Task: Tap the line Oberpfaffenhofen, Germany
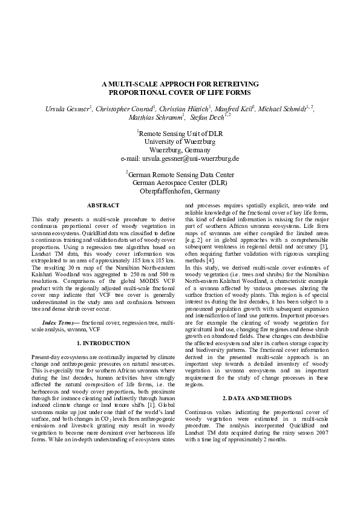point(180,192)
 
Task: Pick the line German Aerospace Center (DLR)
point(180,183)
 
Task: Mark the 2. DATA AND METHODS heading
point(257,398)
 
